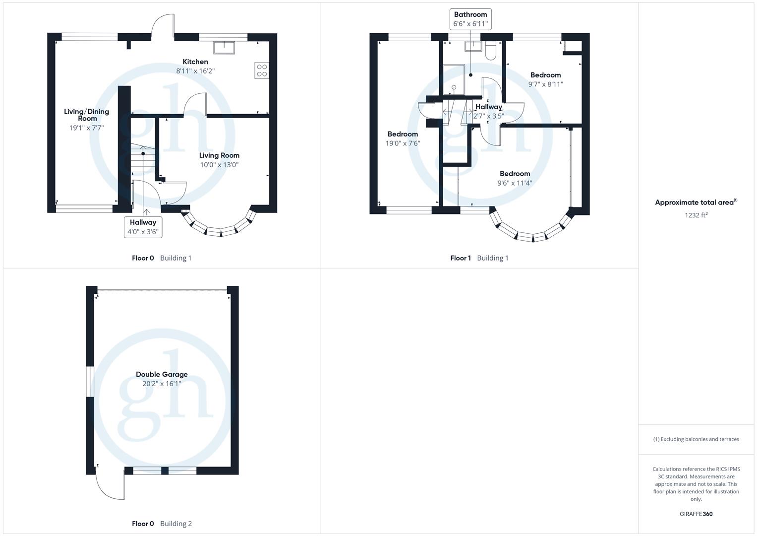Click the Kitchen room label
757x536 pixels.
(x=195, y=62)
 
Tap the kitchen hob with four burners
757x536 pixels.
(x=261, y=70)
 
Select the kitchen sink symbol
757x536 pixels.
(x=224, y=47)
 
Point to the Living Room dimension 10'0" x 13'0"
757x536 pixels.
(x=219, y=165)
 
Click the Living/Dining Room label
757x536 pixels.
(x=86, y=115)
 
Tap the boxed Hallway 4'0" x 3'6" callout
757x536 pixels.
(x=143, y=227)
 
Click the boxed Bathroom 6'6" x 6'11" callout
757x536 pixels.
(x=470, y=19)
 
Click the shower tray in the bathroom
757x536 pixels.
(x=454, y=79)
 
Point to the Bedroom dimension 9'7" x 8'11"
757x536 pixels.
(x=545, y=84)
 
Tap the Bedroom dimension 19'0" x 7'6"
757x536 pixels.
(x=403, y=143)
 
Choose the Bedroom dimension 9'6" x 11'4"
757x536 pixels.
(x=515, y=183)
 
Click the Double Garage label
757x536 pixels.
(x=162, y=375)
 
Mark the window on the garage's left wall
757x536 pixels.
(x=90, y=382)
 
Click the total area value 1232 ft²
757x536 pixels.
(x=696, y=215)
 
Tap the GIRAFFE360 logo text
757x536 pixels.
(x=696, y=514)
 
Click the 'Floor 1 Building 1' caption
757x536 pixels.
(x=479, y=258)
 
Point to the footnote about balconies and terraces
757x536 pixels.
(x=696, y=439)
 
